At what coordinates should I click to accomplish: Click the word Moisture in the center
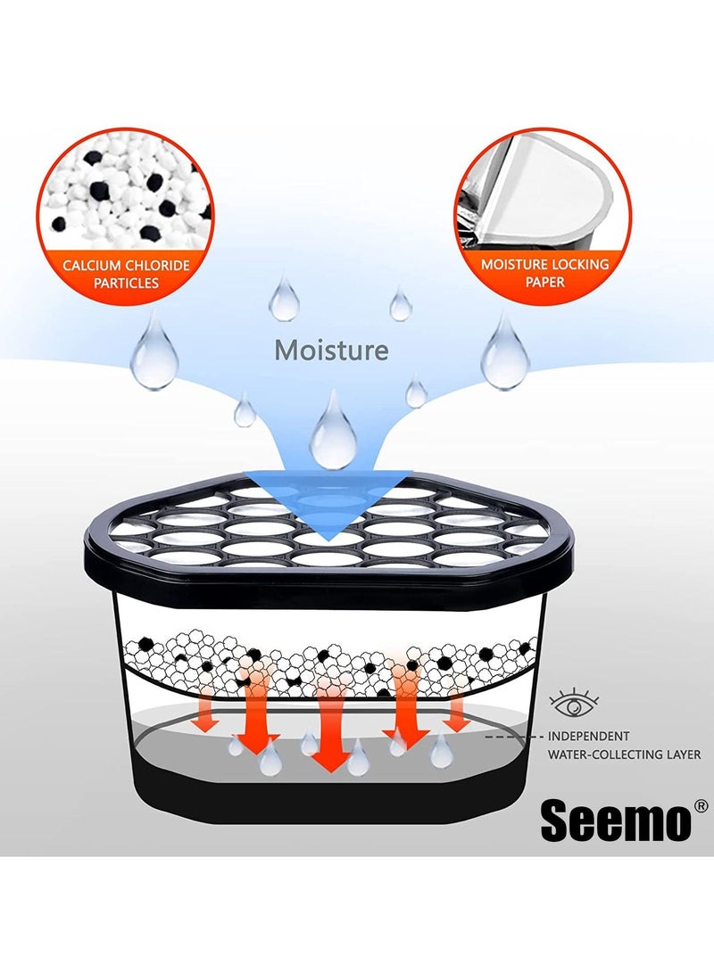coord(331,350)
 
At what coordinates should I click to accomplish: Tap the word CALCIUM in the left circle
coord(91,266)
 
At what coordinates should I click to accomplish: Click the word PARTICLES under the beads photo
coord(126,283)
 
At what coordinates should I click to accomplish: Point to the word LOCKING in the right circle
coord(578,264)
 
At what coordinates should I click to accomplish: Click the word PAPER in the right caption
coord(545,282)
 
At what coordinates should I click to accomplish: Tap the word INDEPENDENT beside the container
coord(588,736)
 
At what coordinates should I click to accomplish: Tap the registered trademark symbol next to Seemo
coord(700,806)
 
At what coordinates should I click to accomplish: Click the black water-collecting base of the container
coord(329,801)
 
